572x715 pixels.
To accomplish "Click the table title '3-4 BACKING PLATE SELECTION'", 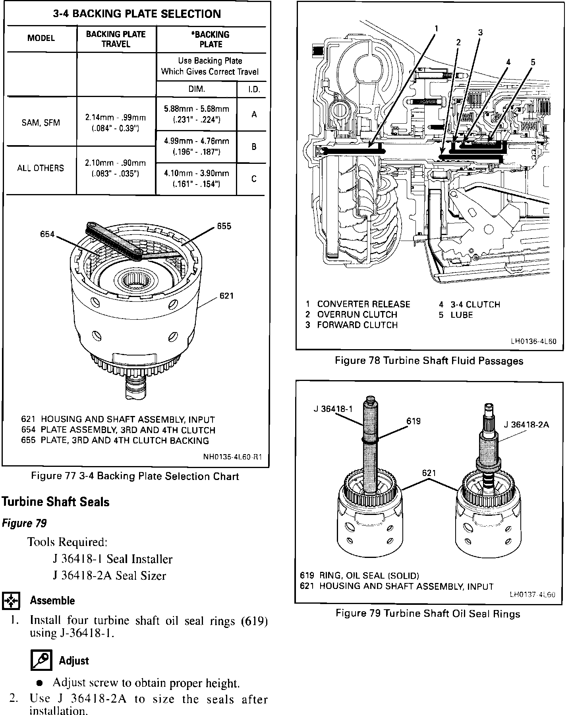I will [x=137, y=14].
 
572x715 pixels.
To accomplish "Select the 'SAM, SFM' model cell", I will [x=41, y=122].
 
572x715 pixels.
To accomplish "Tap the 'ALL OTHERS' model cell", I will [x=41, y=168].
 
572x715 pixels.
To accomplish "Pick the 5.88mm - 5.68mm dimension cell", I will [x=196, y=114].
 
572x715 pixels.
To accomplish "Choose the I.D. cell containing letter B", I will [x=254, y=147].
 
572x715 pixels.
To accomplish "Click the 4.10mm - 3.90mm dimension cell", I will [x=196, y=179].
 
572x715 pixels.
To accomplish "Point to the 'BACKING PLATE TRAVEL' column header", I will [x=116, y=39].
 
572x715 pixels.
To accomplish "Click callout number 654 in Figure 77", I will [x=47, y=234].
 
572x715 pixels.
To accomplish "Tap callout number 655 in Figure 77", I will [x=224, y=226].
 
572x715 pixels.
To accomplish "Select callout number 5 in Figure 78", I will [x=533, y=62].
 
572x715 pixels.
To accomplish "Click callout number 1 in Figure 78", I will [x=436, y=29].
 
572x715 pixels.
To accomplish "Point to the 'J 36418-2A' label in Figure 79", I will [x=526, y=425].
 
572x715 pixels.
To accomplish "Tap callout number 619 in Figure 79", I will [x=414, y=421].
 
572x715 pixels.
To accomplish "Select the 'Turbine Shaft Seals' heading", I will [x=56, y=502].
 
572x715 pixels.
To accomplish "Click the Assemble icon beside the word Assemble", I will [x=11, y=600].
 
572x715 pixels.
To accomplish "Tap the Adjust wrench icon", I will [x=41, y=661].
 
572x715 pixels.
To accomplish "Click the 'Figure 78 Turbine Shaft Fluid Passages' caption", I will [x=429, y=361].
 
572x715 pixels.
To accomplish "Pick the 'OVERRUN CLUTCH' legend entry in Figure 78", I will [x=357, y=315].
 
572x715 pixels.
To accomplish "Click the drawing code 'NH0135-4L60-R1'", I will [x=233, y=457].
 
